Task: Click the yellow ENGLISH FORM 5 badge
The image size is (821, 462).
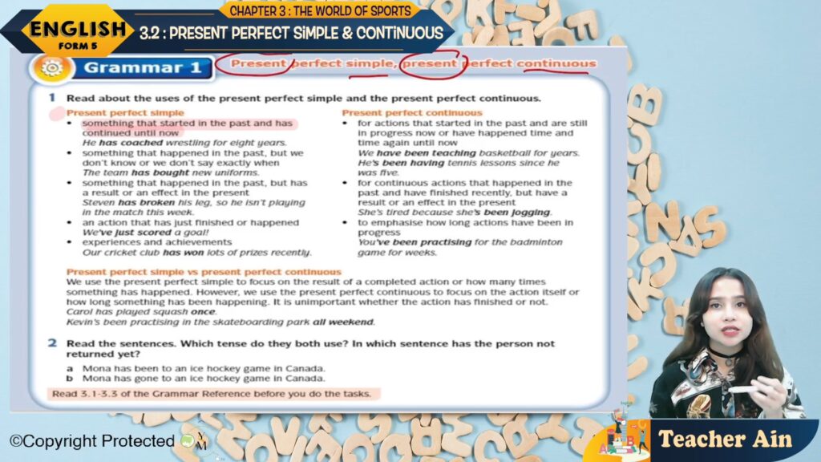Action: pos(77,31)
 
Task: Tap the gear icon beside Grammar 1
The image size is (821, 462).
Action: pos(51,68)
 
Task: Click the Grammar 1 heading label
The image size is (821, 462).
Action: pos(143,67)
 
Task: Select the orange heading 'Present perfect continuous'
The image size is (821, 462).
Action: pos(411,112)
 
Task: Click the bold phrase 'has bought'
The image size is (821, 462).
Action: pos(160,172)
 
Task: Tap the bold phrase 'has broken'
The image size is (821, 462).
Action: pos(146,202)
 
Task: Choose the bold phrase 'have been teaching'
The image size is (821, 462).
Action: pos(427,153)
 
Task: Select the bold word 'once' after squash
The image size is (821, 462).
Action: pos(203,312)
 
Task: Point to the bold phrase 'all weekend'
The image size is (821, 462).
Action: pos(343,322)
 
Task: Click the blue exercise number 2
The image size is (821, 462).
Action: pos(52,343)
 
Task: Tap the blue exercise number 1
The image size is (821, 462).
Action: pos(52,97)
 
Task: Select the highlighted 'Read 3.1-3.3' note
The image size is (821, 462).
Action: pos(212,393)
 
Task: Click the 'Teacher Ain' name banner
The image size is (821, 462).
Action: pos(725,440)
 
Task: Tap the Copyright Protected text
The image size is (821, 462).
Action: pos(92,441)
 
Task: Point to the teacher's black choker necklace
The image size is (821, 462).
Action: pos(724,357)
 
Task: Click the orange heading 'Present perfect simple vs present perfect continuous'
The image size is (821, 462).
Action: pos(204,272)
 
